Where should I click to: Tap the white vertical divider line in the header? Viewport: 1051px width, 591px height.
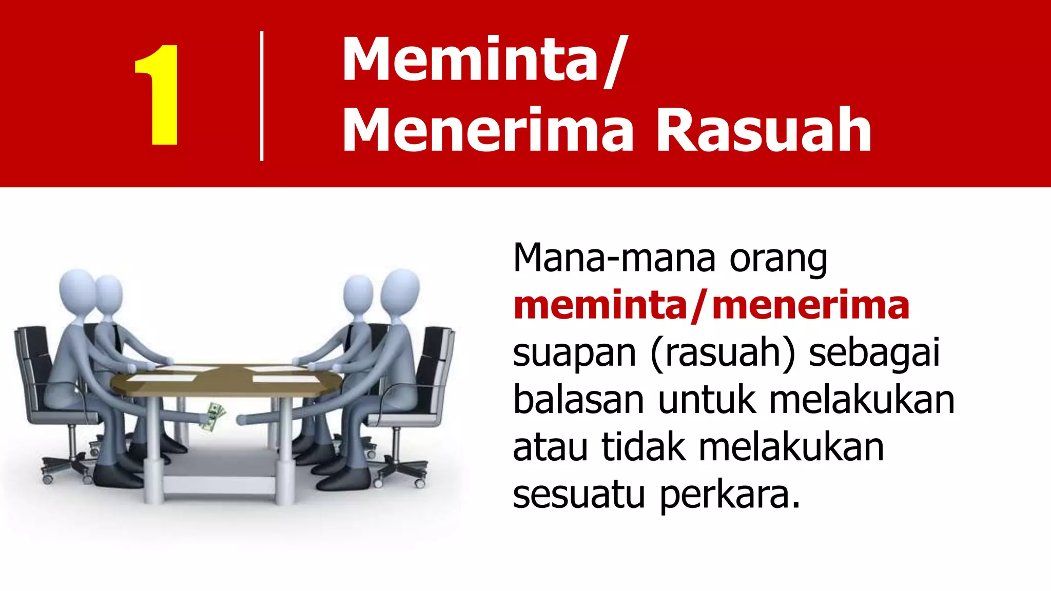262,96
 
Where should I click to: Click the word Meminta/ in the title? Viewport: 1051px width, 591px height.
482,61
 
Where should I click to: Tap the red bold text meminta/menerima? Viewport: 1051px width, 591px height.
711,306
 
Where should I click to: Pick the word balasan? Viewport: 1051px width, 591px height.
578,400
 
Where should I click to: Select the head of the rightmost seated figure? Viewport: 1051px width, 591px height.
401,289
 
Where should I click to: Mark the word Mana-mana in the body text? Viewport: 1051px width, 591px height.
614,258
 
